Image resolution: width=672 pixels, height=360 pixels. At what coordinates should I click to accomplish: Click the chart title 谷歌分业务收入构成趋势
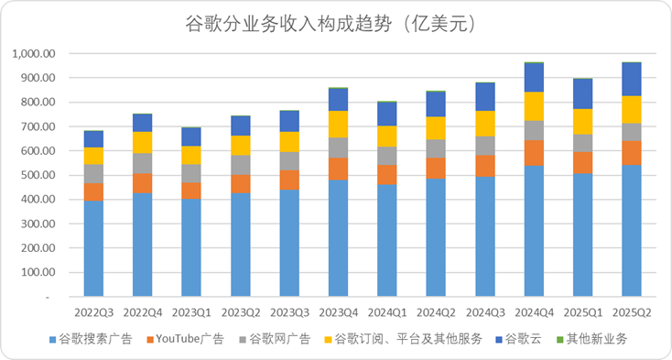[x=336, y=25]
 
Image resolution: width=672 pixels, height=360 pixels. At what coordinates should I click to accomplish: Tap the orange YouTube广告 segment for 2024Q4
[x=534, y=153]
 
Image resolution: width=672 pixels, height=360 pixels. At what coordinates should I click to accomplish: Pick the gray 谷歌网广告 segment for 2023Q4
[x=338, y=147]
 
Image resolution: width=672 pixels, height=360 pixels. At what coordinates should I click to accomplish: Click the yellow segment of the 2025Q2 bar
[x=632, y=109]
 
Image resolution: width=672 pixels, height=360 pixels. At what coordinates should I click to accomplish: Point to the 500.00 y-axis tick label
[x=38, y=175]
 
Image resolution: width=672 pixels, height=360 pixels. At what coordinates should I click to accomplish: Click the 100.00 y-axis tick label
[x=38, y=273]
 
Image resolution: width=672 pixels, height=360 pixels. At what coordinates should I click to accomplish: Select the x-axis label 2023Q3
[x=288, y=313]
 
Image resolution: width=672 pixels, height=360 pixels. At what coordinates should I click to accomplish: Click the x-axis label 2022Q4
[x=142, y=313]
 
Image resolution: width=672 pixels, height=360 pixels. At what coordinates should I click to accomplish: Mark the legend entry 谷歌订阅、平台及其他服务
[x=406, y=340]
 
